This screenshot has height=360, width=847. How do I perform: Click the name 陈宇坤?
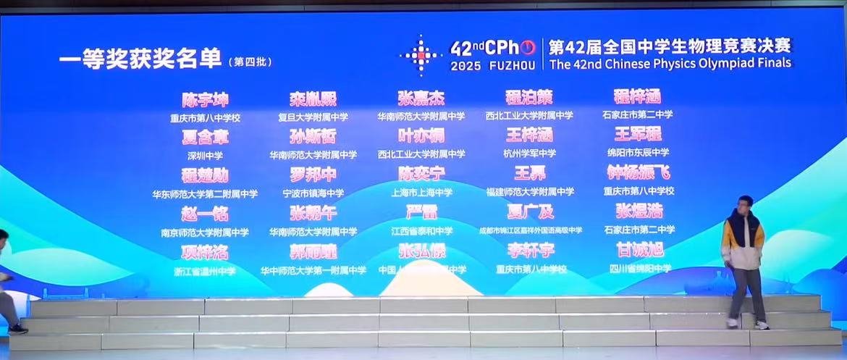tap(205, 100)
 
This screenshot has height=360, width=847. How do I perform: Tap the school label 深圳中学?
tap(205, 155)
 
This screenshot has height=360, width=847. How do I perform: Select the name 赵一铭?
tap(205, 214)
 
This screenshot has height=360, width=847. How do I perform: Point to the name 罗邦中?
tap(313, 175)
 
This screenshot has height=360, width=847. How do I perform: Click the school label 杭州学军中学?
tap(529, 154)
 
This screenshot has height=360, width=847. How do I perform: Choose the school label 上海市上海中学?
tap(421, 193)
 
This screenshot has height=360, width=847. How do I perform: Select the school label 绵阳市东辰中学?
tap(639, 153)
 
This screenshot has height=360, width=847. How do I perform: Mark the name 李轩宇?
tap(530, 251)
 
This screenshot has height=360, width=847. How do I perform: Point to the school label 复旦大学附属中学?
tap(313, 117)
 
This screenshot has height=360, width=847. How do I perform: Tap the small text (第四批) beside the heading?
tap(249, 62)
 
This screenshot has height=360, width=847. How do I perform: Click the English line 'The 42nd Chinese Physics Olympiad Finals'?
tap(670, 64)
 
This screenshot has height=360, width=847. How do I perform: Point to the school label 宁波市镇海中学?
tap(313, 193)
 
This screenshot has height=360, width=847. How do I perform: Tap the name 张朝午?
tap(313, 213)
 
